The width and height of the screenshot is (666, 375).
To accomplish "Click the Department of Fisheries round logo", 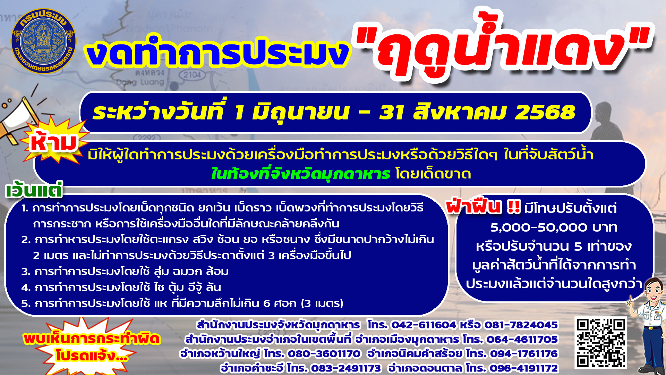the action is pyautogui.click(x=44, y=41).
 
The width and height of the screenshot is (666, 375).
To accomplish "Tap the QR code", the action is pyautogui.click(x=601, y=343).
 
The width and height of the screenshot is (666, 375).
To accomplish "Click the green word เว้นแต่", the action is pyautogui.click(x=34, y=190).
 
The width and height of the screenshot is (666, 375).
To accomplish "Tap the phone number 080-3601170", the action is pyautogui.click(x=324, y=353).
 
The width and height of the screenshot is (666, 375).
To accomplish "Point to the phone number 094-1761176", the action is pyautogui.click(x=524, y=353).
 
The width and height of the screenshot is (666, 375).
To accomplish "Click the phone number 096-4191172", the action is pyautogui.click(x=524, y=368).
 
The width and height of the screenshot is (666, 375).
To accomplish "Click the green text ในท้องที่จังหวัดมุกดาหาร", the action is pyautogui.click(x=301, y=174).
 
